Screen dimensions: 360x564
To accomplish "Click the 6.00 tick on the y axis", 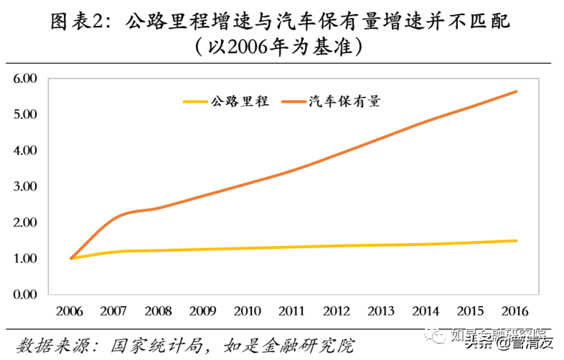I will pyautogui.click(x=25, y=78).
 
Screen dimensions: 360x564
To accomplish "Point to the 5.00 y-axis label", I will pyautogui.click(x=25, y=114).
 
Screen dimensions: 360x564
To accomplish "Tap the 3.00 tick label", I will pyautogui.click(x=25, y=186).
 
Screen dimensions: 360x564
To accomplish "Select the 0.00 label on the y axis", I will pyautogui.click(x=25, y=294).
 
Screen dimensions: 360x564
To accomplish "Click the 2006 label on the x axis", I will pyautogui.click(x=70, y=312).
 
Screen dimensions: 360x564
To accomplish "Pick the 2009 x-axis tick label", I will pyautogui.click(x=203, y=312).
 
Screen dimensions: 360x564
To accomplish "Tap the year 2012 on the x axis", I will pyautogui.click(x=337, y=312).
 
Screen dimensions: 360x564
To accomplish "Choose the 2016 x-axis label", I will pyautogui.click(x=514, y=312).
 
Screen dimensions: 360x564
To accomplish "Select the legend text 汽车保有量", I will pyautogui.click(x=344, y=102).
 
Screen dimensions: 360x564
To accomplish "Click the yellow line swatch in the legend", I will pyautogui.click(x=195, y=102).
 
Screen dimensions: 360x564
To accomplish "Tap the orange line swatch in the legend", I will pyautogui.click(x=294, y=102).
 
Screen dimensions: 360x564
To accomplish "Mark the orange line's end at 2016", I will pyautogui.click(x=516, y=91).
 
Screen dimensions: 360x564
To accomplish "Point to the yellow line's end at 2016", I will pyautogui.click(x=516, y=240).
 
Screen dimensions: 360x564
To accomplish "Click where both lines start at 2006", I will pyautogui.click(x=70, y=258).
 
